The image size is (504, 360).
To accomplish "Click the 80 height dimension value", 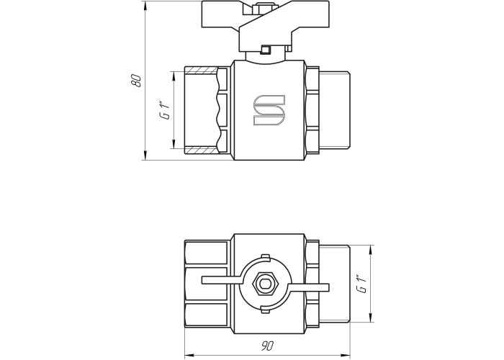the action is (136, 81).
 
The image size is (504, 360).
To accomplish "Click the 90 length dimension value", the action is (267, 346).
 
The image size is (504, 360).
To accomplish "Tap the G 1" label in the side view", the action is (165, 111).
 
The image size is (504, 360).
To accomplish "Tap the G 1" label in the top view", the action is (361, 284).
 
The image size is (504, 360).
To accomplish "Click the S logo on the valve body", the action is (269, 110).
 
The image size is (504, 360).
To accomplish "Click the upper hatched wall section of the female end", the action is (201, 69).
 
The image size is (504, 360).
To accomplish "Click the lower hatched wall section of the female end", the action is (201, 150).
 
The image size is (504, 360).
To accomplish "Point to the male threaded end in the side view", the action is (334, 110).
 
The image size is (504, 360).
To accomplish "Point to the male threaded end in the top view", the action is (334, 284).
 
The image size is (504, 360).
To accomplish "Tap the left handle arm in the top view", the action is (222, 280).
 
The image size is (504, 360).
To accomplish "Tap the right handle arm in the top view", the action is (309, 288).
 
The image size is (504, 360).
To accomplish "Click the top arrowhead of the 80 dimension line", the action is (145, 6).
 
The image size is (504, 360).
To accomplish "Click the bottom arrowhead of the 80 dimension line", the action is (145, 156).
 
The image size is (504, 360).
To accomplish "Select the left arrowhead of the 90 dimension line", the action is (189, 354).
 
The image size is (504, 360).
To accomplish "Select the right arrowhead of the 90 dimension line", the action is (345, 354).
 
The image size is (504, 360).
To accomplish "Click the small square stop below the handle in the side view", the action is (266, 50).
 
